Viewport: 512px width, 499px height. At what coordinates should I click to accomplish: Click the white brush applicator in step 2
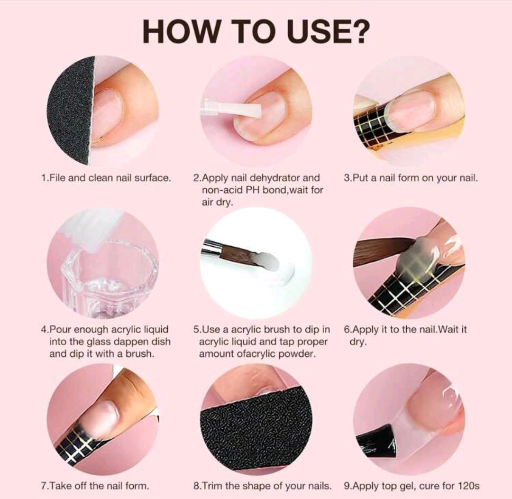(x=231, y=108)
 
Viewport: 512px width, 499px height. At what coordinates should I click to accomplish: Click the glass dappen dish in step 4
(x=108, y=281)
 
